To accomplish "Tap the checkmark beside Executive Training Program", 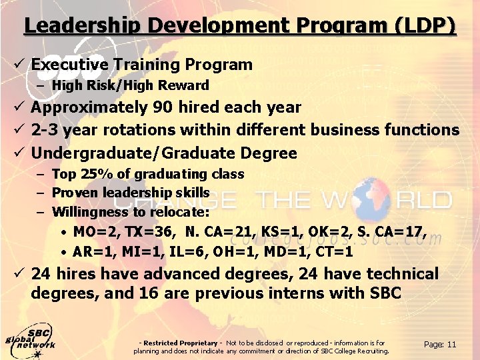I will click(x=19, y=65).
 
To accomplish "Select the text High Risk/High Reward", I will click(x=130, y=85).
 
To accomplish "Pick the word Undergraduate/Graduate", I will click(x=127, y=153).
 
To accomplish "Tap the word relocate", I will click(x=180, y=213).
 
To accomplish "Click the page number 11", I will click(x=451, y=345).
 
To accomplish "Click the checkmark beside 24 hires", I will click(x=19, y=274).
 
